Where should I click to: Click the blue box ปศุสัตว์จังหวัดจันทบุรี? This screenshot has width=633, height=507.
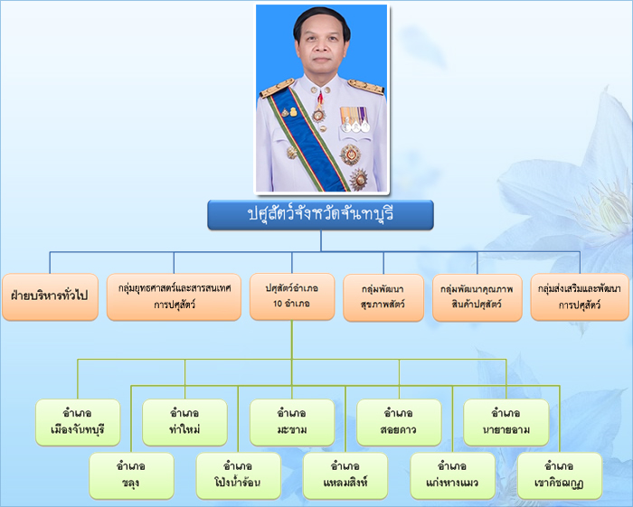[x=320, y=214]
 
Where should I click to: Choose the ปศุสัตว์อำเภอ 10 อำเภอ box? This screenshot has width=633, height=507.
[x=291, y=296]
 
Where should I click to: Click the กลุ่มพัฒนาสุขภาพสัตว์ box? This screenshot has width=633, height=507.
[x=383, y=296]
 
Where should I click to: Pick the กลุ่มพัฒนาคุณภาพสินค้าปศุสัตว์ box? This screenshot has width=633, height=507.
[x=477, y=296]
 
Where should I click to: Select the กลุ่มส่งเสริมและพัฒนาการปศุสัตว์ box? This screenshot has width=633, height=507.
[x=580, y=296]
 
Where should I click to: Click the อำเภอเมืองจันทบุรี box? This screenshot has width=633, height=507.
[x=78, y=422]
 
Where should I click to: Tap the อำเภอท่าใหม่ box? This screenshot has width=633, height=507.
[x=184, y=422]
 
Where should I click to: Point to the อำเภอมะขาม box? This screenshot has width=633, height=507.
[x=291, y=422]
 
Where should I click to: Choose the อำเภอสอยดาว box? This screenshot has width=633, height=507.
[x=399, y=422]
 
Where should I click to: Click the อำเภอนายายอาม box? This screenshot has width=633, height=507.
[x=505, y=422]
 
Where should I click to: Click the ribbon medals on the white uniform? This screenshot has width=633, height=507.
[x=354, y=117]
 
